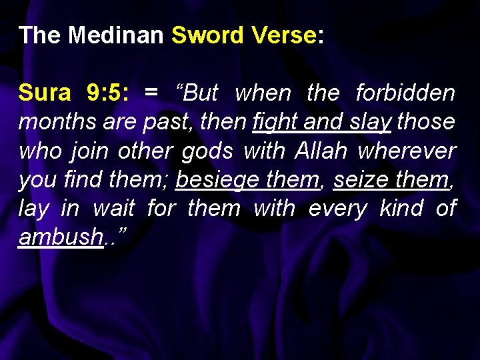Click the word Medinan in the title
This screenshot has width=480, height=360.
coord(116,35)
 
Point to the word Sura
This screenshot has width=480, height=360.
coord(44,93)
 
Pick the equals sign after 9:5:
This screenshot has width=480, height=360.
coord(151,93)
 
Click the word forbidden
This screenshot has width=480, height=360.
coord(405,93)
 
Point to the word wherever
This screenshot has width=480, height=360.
coord(407,151)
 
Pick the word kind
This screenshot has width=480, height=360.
coord(402,209)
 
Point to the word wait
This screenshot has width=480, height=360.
coord(113,209)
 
